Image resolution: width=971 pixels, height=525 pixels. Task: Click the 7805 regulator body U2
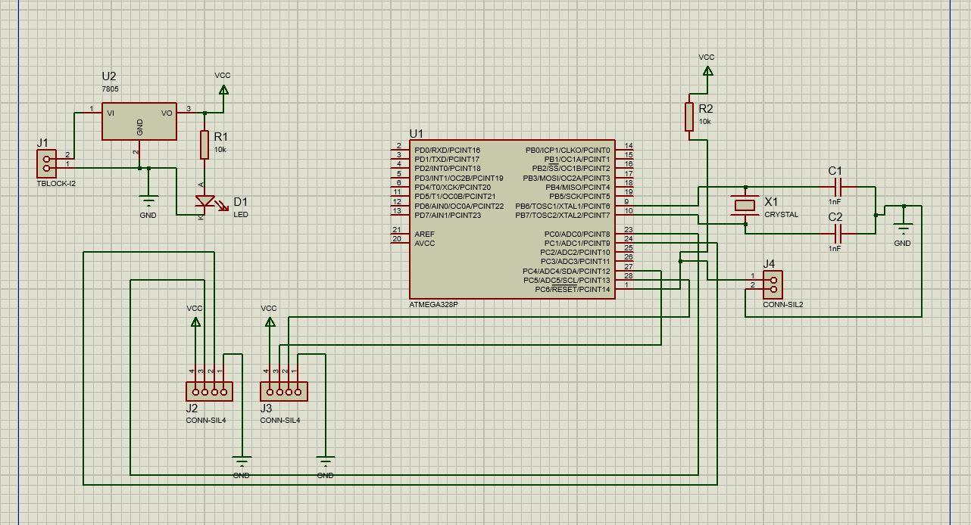click(x=139, y=122)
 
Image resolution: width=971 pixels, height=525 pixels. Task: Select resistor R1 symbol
click(x=204, y=144)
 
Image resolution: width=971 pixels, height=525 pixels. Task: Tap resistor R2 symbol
click(x=689, y=116)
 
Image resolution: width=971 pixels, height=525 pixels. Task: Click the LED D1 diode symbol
click(x=205, y=202)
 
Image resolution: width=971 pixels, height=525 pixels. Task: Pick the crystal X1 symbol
click(x=746, y=205)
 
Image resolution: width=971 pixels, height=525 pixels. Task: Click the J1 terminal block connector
click(x=46, y=163)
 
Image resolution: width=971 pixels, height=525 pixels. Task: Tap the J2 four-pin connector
click(x=209, y=391)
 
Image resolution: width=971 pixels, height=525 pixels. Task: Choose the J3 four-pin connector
click(x=283, y=391)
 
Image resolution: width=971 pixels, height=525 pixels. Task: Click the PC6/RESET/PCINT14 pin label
click(x=572, y=290)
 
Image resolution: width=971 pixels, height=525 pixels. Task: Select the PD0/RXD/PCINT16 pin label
click(x=447, y=151)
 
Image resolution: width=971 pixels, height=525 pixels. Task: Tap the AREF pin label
click(x=424, y=234)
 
